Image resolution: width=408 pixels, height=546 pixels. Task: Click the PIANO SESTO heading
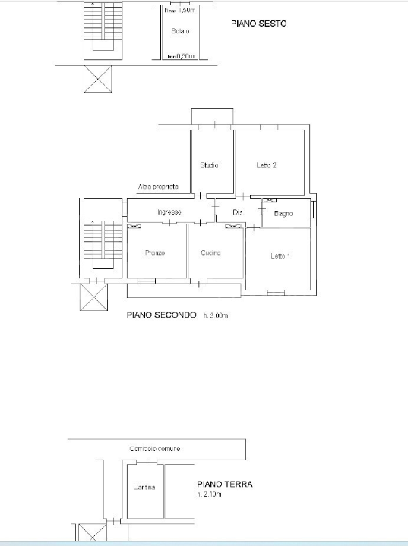tap(258, 24)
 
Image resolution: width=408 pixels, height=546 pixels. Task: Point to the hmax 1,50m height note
tap(179, 10)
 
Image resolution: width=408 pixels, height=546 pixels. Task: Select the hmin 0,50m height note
tap(180, 56)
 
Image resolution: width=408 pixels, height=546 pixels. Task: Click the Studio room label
tap(210, 165)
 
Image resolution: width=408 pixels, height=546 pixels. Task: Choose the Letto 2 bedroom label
tap(266, 165)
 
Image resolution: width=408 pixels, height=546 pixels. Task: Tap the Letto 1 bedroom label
tap(280, 256)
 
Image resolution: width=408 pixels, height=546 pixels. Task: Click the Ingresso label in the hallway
tap(169, 212)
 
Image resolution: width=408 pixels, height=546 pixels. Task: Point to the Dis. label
tap(238, 213)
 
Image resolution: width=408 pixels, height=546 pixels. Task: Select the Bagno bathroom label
tap(283, 214)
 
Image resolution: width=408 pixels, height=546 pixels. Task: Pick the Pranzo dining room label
tap(155, 253)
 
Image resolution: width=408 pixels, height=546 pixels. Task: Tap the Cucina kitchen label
tap(210, 253)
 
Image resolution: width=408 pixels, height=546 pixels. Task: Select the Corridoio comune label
tap(155, 450)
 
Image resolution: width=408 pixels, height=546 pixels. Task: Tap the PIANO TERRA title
tap(224, 484)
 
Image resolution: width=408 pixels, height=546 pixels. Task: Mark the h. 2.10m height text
tap(209, 494)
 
